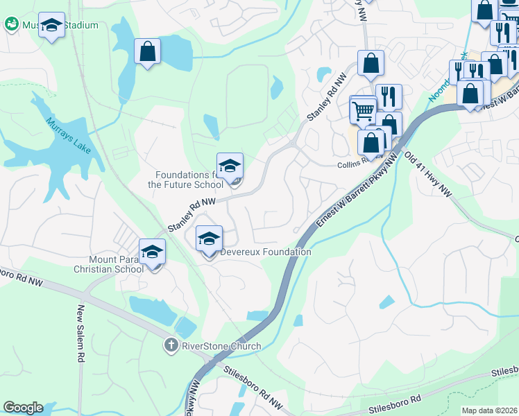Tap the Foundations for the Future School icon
coord(230,166)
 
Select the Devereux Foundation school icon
coord(209,240)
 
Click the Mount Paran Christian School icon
coord(152,253)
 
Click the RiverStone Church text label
coord(221,346)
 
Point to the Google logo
coord(23,408)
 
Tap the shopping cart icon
coord(362,110)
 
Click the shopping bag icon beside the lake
coord(147,51)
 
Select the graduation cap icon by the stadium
coord(51,26)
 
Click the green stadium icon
coord(11,25)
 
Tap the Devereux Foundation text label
coord(265,252)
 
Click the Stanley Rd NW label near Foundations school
coord(192,214)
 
